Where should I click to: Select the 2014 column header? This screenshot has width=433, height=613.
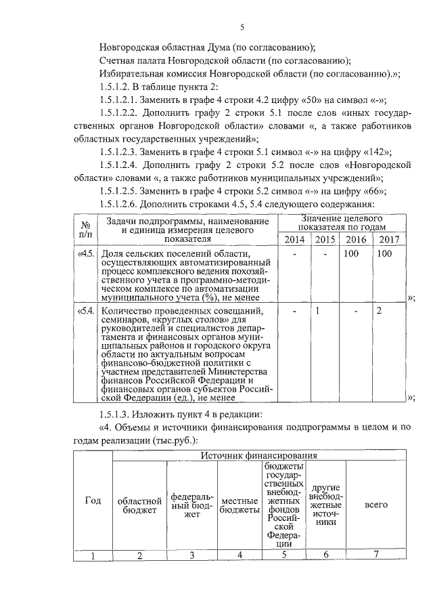pos(294,240)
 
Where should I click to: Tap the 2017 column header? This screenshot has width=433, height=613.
pos(388,240)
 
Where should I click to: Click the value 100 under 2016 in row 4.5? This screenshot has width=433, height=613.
pos(352,254)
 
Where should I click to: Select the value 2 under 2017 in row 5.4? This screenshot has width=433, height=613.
pos(379,311)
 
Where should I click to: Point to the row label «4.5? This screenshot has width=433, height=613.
pos(86,254)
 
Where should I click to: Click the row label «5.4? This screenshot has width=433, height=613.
pos(86,311)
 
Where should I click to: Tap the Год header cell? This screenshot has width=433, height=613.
pos(93,501)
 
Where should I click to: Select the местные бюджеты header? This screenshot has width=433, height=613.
pos(239,505)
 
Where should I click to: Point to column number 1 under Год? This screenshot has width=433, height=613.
pos(93,556)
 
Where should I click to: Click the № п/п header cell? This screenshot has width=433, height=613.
pos(86,228)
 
